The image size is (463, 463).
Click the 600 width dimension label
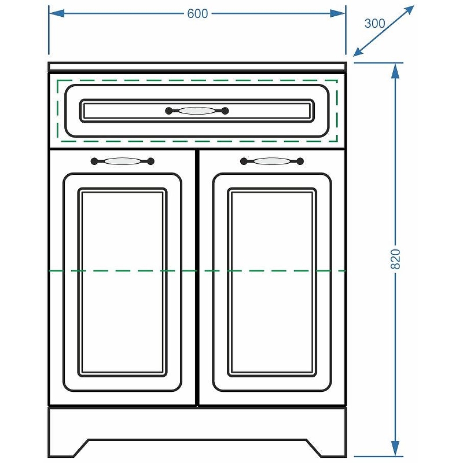tap(197, 13)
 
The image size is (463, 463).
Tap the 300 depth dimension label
tap(374, 24)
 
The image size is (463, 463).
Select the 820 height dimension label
tap(395, 259)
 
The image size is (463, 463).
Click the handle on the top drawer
tap(197, 111)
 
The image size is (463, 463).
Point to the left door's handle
tap(122, 161)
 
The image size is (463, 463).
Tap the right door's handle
tap(271, 161)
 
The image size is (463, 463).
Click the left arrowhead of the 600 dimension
tap(56, 13)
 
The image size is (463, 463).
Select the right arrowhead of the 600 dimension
tap(338, 13)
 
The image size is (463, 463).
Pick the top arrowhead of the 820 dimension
tap(395, 71)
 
